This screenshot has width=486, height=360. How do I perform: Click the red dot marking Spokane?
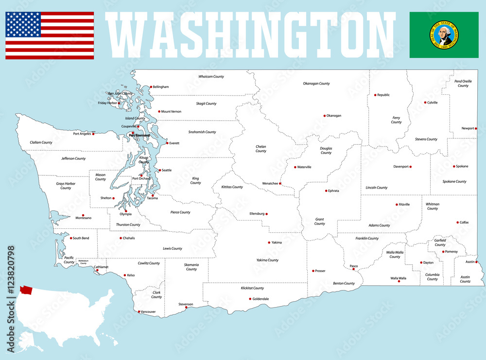tap(454, 167)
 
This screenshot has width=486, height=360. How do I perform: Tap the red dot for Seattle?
tap(159, 170)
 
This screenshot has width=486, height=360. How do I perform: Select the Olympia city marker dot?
tap(125, 211)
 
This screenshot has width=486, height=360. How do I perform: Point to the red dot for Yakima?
tap(269, 242)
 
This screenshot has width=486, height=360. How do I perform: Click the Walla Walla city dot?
tap(399, 281)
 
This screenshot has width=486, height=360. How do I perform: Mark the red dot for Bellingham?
tap(151, 87)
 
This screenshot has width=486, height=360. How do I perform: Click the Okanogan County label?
tap(316, 84)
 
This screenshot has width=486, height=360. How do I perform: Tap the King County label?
tap(195, 181)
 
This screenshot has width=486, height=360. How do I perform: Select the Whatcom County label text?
tap(211, 77)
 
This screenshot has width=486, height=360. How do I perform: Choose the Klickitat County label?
tap(252, 288)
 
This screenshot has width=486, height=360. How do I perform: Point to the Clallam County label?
tap(41, 142)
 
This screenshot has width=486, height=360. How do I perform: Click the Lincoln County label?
tap(377, 188)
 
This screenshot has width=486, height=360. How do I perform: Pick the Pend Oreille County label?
tap(463, 83)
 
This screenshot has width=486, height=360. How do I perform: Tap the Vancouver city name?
tap(148, 311)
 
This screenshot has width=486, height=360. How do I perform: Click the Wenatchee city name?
tap(270, 184)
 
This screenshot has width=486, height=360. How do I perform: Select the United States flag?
tap(50, 35)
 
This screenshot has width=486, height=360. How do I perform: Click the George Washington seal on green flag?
tap(444, 35)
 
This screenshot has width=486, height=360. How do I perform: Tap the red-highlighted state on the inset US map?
tap(26, 290)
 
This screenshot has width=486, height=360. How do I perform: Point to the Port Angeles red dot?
tap(93, 134)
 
